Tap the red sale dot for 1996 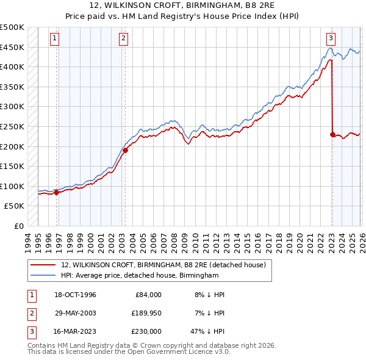click(x=56, y=192)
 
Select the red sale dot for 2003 click(x=125, y=150)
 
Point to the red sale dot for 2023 click(x=332, y=134)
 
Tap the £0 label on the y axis click(x=20, y=226)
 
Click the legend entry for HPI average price click(x=139, y=276)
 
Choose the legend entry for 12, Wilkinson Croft click(x=163, y=265)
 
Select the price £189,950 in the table click(x=145, y=313)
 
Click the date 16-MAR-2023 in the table click(x=74, y=331)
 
